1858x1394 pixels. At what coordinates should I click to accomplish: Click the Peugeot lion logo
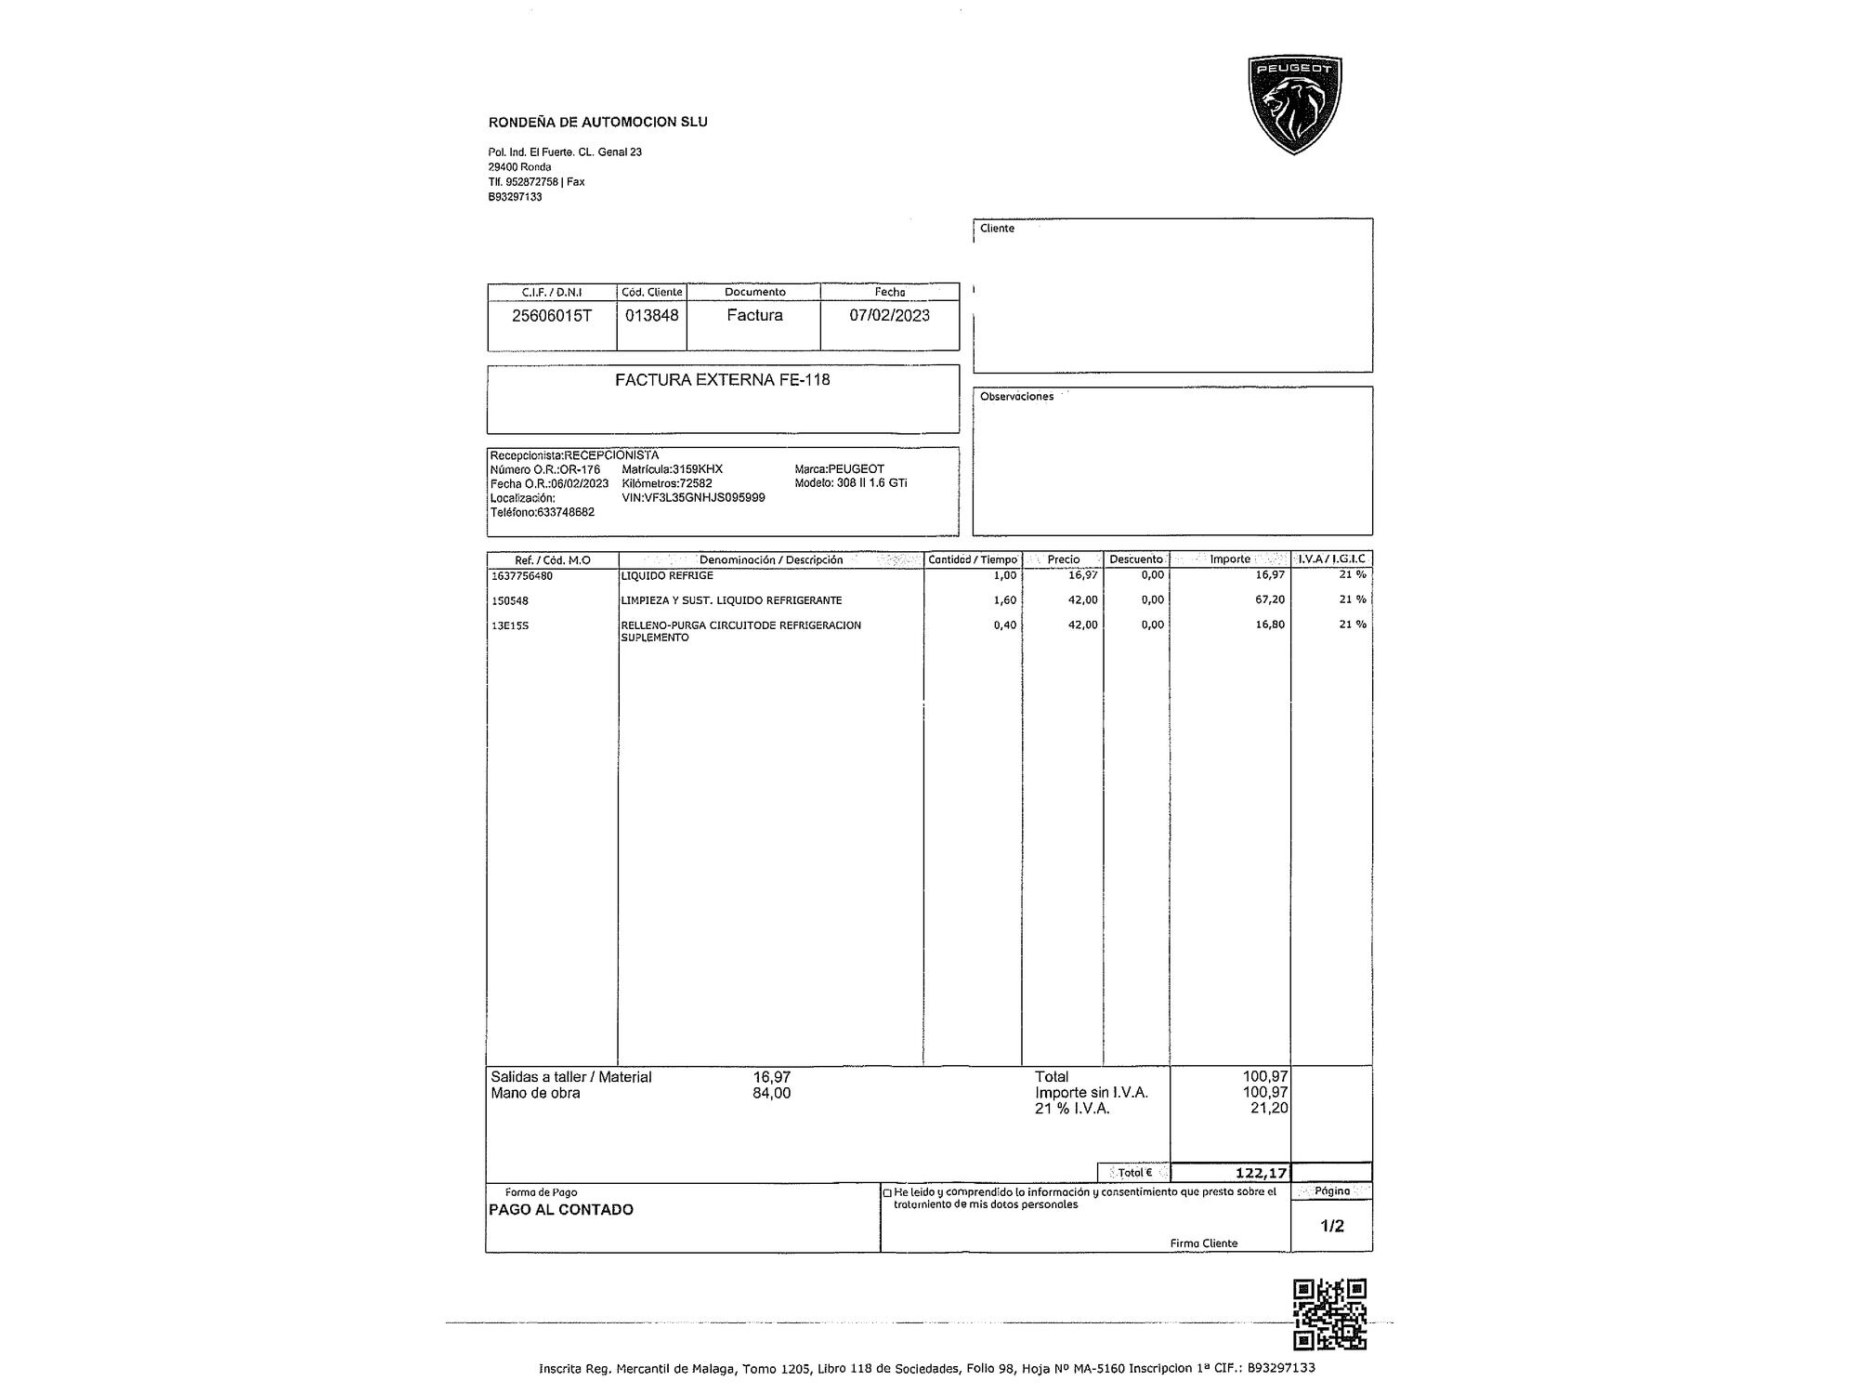1294,105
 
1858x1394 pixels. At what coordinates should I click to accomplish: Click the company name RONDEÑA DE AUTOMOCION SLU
597,122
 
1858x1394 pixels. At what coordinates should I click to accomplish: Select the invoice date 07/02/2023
889,315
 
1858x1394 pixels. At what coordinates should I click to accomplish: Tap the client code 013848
651,315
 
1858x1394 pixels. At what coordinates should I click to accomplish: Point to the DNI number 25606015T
552,315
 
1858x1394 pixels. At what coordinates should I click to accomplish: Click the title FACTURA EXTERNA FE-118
722,379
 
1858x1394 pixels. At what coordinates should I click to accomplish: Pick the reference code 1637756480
522,575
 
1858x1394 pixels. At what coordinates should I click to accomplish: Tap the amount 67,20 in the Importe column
1270,600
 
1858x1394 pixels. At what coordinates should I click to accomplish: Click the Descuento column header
1135,559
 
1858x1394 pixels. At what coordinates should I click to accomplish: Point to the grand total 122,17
1261,1173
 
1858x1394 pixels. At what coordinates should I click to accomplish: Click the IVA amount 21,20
1269,1108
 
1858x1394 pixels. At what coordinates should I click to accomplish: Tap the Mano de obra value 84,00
771,1093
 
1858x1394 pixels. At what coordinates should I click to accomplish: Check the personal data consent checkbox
887,1192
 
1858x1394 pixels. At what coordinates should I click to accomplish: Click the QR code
1329,1314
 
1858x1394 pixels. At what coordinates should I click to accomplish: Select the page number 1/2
1331,1226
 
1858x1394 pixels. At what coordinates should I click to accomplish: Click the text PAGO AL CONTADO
560,1209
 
